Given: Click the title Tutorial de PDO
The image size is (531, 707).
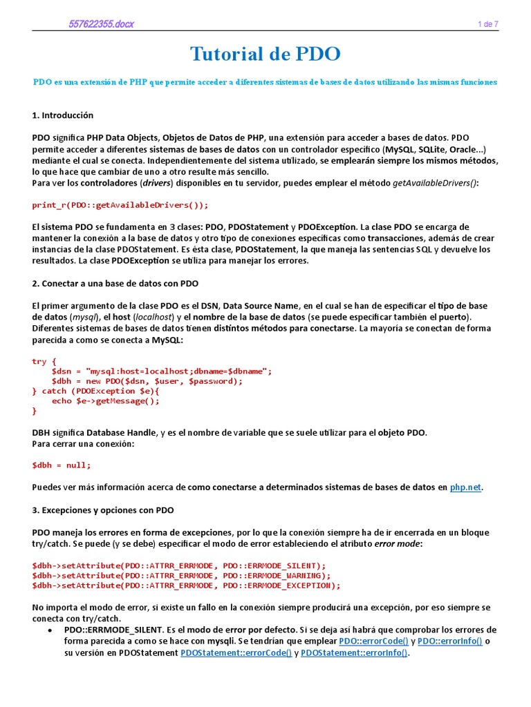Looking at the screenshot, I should pos(265,55).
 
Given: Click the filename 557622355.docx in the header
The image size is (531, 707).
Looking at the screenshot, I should pos(101,24).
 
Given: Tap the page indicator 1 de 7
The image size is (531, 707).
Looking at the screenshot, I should pos(487,24).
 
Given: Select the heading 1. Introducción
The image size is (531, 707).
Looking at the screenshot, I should pos(62,115).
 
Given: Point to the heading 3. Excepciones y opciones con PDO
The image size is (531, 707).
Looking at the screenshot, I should pos(103,510).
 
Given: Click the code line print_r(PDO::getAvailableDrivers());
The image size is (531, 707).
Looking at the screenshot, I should pos(120,205).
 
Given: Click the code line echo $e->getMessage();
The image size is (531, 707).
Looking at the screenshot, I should pos(100,400).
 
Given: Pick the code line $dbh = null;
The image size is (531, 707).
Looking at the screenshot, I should pos(62,465).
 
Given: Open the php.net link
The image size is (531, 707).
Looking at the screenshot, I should pos(465,487).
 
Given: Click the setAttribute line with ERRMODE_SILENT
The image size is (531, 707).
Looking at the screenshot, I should pos(178,565).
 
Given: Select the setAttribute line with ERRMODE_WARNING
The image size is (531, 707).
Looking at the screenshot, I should pos(181,575).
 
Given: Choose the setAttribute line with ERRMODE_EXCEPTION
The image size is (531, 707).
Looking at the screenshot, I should pos(186,585).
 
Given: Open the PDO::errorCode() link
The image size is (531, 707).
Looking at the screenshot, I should pos(373,641).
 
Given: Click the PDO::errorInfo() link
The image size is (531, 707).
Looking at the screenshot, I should pos(449,641).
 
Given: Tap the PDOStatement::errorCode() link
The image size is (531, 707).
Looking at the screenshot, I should pos(236,653).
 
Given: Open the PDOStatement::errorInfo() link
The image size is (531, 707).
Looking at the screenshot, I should pos(354,653).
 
